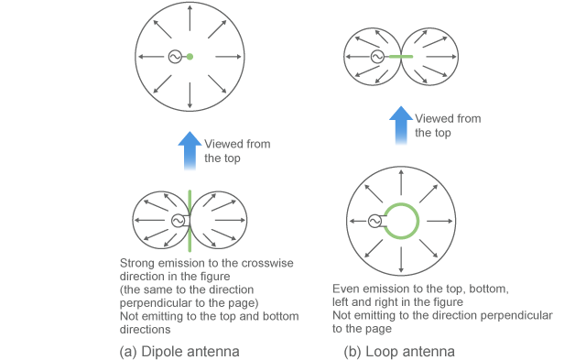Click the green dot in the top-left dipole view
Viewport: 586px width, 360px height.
[190, 57]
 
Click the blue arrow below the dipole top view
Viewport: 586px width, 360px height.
[189, 150]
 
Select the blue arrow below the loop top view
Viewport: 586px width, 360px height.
[400, 125]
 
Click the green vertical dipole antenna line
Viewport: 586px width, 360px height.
[190, 221]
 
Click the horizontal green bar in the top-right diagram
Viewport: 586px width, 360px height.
[400, 57]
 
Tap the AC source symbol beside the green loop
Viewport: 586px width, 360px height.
[374, 221]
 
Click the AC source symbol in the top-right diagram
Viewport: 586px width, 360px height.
[376, 57]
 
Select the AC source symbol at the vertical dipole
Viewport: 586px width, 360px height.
[178, 221]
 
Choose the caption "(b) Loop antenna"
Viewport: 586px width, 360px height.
[399, 351]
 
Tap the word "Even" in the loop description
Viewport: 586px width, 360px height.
[346, 289]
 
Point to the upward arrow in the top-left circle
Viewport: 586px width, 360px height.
[190, 20]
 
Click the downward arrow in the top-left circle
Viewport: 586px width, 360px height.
[190, 93]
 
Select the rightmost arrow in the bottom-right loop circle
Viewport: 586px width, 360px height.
[447, 221]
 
